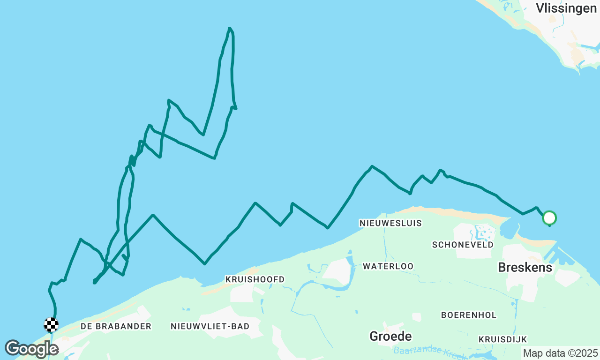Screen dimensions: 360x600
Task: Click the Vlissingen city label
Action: click(x=566, y=8)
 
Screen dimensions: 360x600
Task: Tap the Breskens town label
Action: click(x=525, y=268)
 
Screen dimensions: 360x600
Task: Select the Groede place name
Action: click(x=390, y=336)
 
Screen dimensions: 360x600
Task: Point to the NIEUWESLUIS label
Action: click(x=390, y=223)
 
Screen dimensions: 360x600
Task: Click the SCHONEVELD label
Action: click(x=463, y=245)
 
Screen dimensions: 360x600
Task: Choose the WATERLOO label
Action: click(x=388, y=266)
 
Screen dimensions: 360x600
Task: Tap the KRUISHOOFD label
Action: click(x=255, y=279)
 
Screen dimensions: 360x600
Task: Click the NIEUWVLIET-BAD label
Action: click(x=210, y=326)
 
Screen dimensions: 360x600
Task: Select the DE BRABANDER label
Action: click(x=116, y=326)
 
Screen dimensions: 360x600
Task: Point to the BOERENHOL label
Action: click(x=468, y=315)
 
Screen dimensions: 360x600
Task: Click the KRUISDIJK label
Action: click(x=503, y=339)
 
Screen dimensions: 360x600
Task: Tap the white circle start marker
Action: click(x=549, y=218)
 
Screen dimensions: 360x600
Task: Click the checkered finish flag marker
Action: click(x=51, y=324)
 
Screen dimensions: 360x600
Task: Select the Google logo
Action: click(x=31, y=349)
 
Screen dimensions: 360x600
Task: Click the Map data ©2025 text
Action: click(x=560, y=353)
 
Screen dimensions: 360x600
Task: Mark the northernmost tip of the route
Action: click(x=229, y=29)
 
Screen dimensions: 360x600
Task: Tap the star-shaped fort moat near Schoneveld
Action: click(x=482, y=232)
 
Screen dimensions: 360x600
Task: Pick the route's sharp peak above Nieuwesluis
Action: click(x=372, y=166)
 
